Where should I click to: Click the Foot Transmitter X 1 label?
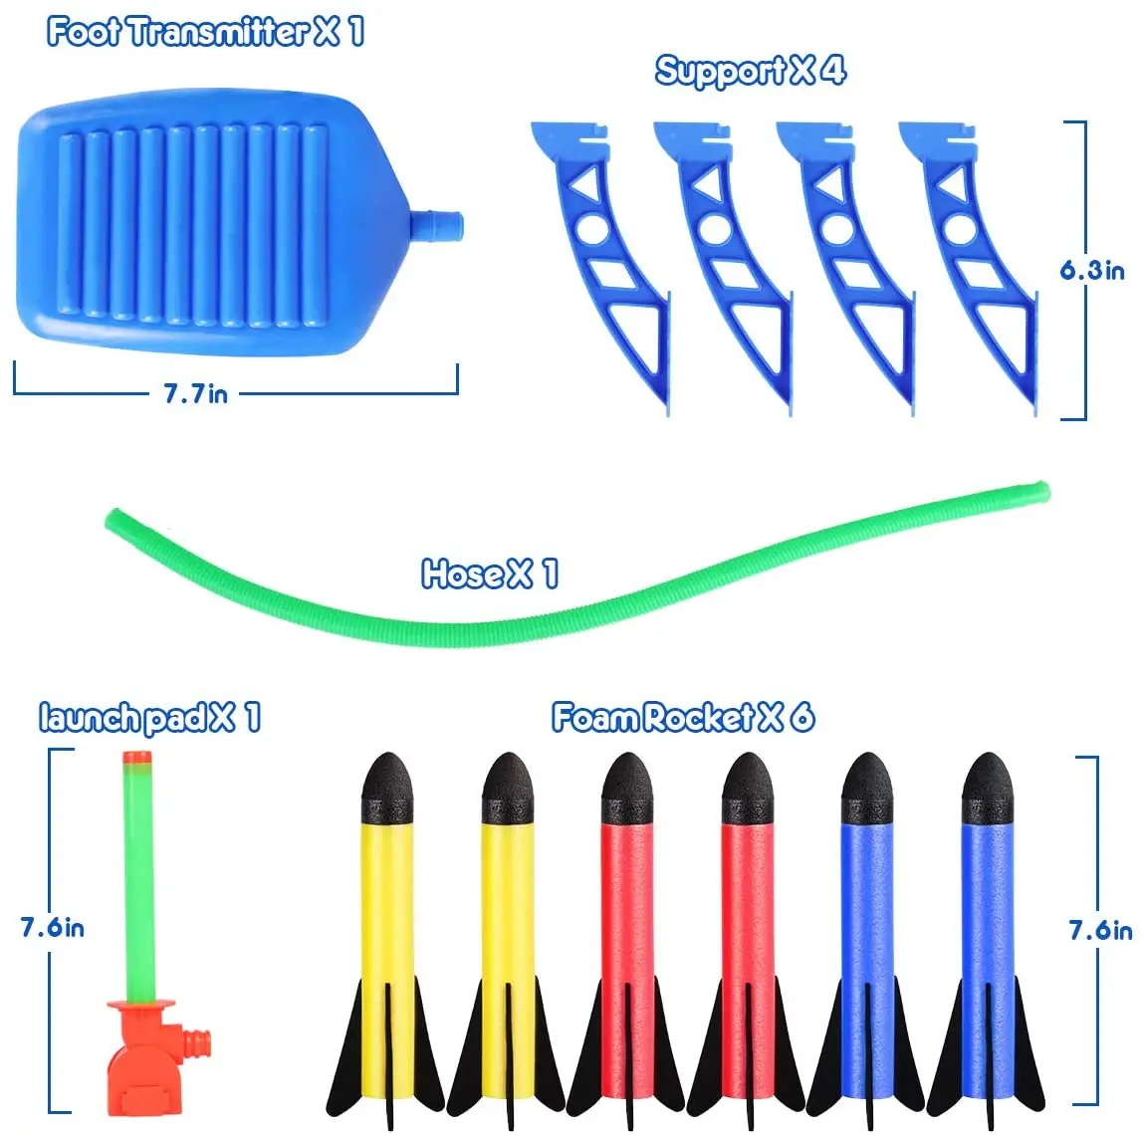205,32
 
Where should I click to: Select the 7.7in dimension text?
195,393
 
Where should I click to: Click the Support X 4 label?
750,71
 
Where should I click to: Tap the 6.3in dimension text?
1091,270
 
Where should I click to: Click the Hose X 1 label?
489,573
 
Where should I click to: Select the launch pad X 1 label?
149,717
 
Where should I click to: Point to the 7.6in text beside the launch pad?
52,928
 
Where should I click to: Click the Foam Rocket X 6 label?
682,717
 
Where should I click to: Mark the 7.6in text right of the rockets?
1100,930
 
